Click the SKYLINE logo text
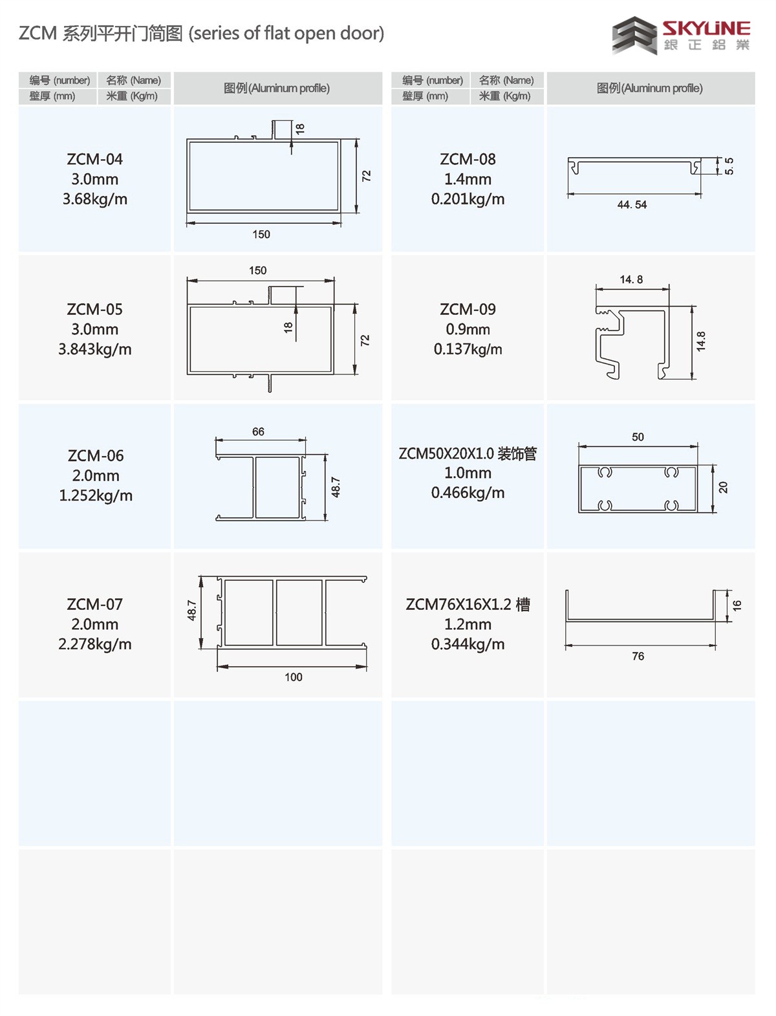click(706, 28)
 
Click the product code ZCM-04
click(95, 159)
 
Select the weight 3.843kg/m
click(95, 349)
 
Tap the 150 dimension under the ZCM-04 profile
click(261, 234)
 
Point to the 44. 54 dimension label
click(632, 204)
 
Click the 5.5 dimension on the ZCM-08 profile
click(729, 166)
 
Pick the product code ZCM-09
click(468, 309)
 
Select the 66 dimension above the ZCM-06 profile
click(258, 431)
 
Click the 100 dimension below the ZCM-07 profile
click(294, 677)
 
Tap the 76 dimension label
click(638, 656)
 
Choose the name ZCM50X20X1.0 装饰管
click(468, 453)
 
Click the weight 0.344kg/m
click(468, 644)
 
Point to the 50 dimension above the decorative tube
click(638, 437)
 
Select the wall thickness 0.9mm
click(468, 329)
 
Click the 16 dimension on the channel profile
click(737, 605)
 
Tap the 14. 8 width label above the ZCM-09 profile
click(631, 279)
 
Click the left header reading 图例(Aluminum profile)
click(277, 88)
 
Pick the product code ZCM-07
click(95, 604)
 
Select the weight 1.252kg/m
click(96, 495)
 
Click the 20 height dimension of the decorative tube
click(723, 488)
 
